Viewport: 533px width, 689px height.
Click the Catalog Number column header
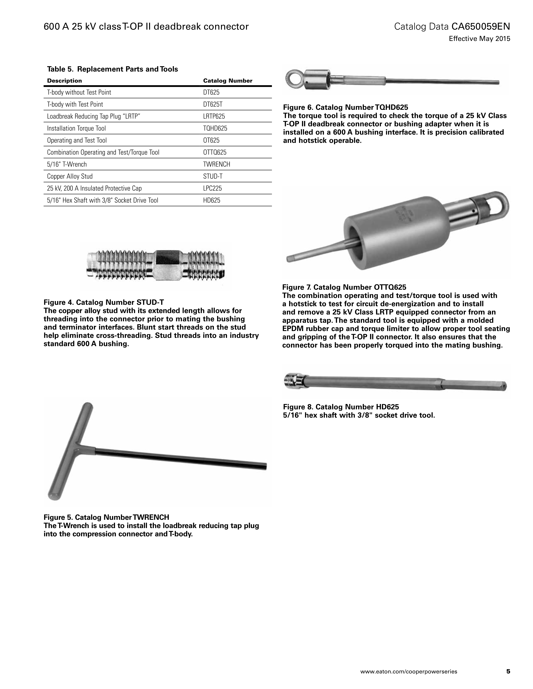(228, 81)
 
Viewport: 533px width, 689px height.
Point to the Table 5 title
(112, 69)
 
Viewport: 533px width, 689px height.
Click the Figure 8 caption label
(341, 407)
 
